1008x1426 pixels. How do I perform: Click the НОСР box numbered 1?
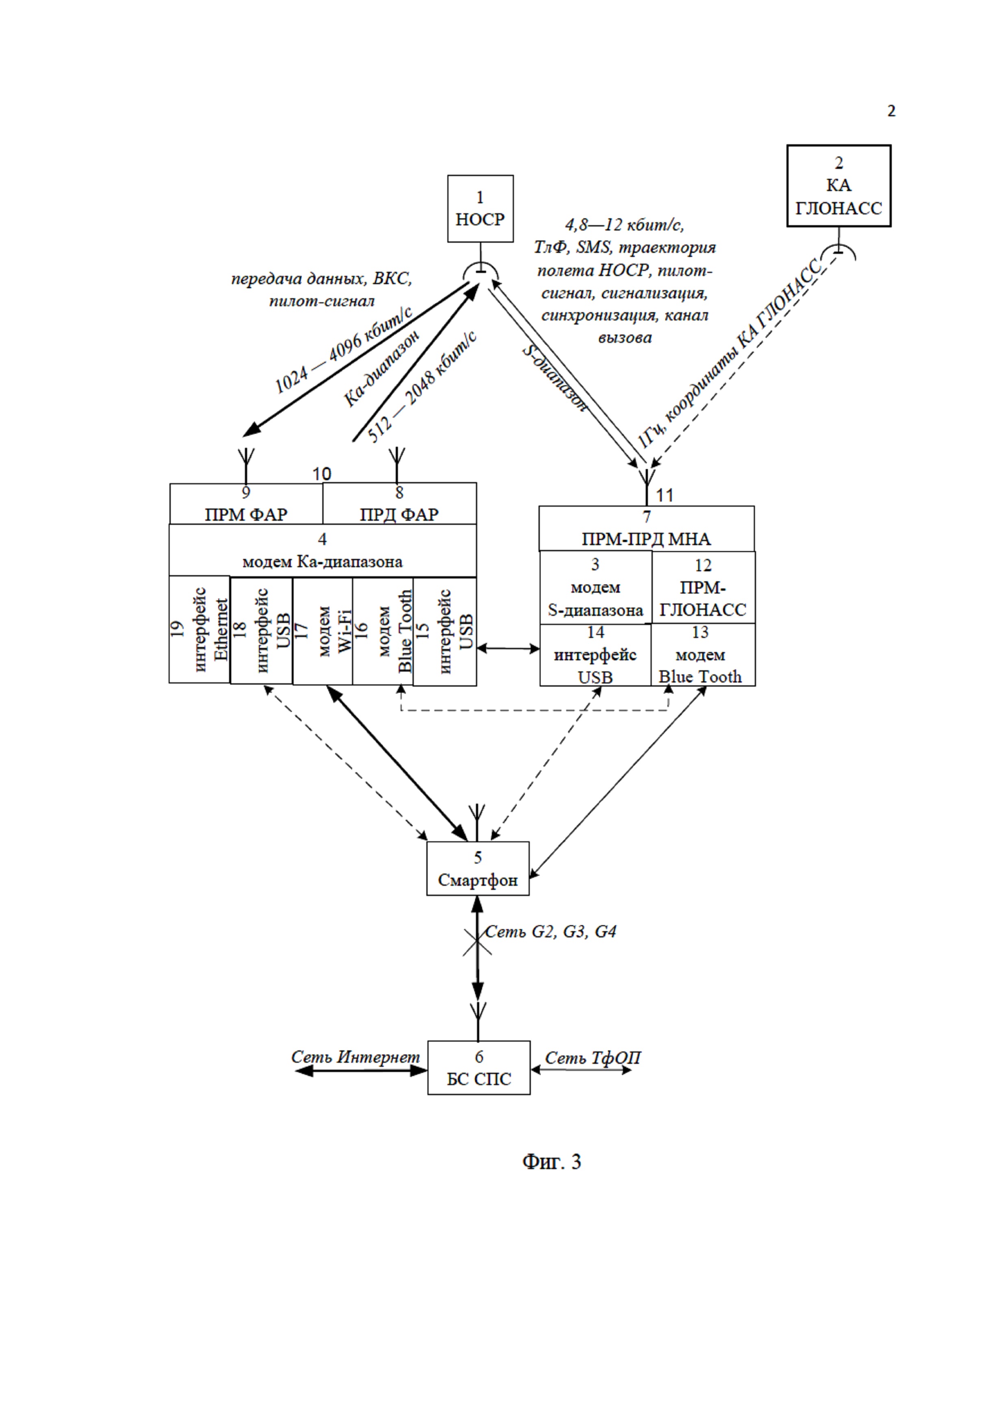tap(480, 209)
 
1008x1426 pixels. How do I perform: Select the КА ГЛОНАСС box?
tap(839, 186)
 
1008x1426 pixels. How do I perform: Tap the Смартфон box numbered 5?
tap(478, 868)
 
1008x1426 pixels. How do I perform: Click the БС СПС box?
tap(479, 1067)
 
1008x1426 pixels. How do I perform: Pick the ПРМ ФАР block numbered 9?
tap(246, 504)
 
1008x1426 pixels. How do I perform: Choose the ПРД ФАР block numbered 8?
tap(400, 504)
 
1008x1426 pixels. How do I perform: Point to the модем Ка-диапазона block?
tap(322, 550)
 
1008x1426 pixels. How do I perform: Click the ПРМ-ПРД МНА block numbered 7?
tap(647, 528)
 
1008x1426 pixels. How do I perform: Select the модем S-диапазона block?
tap(595, 587)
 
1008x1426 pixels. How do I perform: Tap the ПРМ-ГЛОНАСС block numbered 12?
tap(703, 587)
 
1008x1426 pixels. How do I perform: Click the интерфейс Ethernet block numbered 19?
tap(199, 630)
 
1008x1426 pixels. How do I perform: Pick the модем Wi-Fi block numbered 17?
tap(322, 631)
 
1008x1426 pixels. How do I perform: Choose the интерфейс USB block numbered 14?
tap(595, 654)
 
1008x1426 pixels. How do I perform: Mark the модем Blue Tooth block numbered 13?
tap(703, 654)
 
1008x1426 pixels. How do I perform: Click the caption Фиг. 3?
tap(552, 1161)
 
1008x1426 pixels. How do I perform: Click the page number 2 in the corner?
tap(891, 111)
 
